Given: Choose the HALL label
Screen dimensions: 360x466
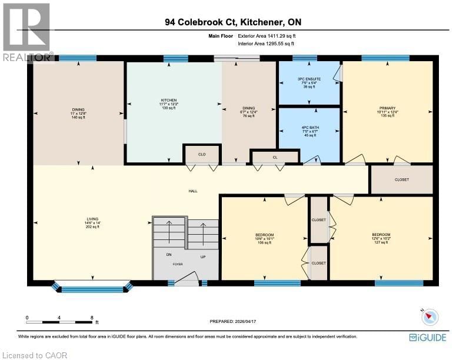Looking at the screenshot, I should coord(192,191).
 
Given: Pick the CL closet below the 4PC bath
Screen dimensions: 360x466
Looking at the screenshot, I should coord(275,158).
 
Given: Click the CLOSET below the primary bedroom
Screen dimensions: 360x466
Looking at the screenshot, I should coord(401,179).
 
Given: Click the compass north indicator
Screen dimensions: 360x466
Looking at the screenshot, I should coord(431,316).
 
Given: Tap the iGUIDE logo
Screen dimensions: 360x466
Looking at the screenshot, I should coord(427,337).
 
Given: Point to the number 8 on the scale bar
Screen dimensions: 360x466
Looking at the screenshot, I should coord(92,318).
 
